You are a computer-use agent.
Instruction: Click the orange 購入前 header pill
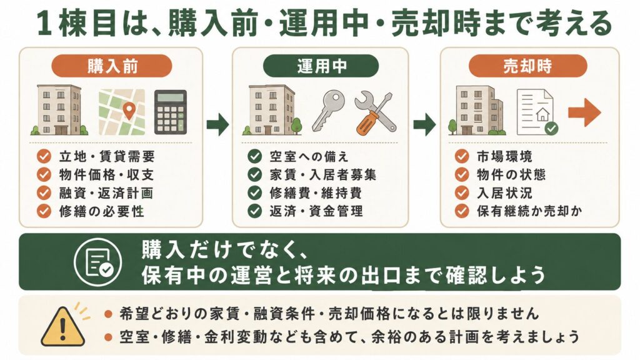click(111, 66)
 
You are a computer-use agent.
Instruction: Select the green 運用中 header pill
click(321, 66)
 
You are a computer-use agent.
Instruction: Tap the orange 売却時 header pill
click(527, 66)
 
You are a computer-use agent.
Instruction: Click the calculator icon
click(170, 112)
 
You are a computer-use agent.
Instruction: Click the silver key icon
click(328, 111)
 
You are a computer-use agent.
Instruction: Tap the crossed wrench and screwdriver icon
click(375, 114)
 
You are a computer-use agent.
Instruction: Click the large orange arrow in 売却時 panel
click(584, 112)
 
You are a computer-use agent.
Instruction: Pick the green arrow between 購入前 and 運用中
click(217, 124)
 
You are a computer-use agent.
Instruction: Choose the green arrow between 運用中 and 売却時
click(424, 124)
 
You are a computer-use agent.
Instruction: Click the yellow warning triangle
click(62, 326)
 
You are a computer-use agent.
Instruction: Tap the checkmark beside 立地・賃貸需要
click(44, 156)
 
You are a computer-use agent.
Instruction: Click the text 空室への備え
click(309, 156)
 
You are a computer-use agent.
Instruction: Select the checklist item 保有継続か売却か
click(529, 211)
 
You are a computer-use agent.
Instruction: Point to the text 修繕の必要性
click(101, 211)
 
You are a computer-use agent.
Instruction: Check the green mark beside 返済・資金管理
click(255, 211)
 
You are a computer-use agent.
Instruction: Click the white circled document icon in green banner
click(98, 262)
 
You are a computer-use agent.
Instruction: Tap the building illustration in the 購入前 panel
click(59, 110)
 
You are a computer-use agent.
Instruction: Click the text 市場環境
click(504, 156)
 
